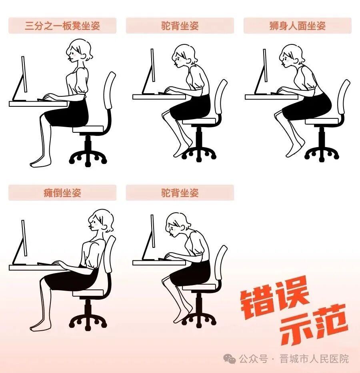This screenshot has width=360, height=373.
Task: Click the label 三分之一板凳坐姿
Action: [62, 26]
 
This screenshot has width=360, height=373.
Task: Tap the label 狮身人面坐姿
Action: [298, 26]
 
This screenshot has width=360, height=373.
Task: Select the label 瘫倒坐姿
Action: [62, 193]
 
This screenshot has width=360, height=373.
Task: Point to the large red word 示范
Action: [314, 325]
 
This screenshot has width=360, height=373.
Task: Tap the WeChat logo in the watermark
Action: [229, 359]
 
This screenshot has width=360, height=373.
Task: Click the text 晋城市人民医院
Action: [314, 359]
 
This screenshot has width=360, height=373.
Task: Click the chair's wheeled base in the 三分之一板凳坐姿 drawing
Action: [88, 156]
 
